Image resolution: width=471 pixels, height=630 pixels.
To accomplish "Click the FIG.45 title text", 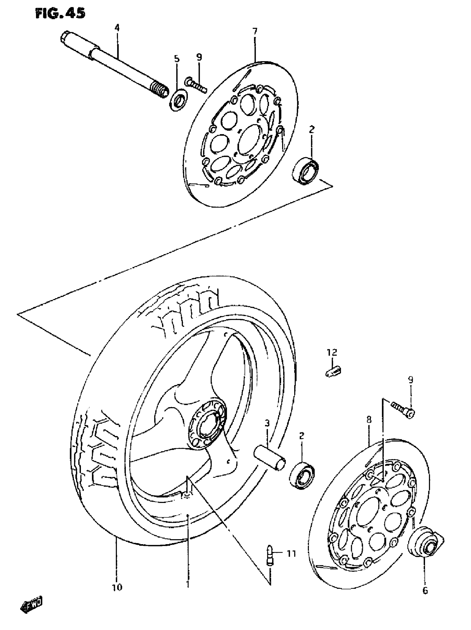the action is pyautogui.click(x=60, y=14).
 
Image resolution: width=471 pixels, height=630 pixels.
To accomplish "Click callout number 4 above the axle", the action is pyautogui.click(x=117, y=28).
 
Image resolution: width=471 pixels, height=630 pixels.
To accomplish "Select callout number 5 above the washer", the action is pyautogui.click(x=177, y=59).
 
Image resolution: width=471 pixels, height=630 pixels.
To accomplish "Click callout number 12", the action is pyautogui.click(x=332, y=353).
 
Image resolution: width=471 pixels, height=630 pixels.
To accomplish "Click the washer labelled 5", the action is pyautogui.click(x=179, y=100).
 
